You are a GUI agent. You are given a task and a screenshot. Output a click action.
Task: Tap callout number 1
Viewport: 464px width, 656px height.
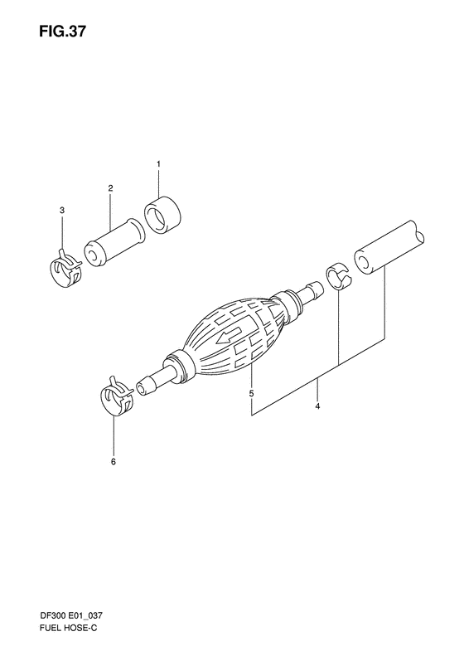[158, 164]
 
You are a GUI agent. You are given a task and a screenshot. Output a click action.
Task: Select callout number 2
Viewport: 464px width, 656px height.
[110, 188]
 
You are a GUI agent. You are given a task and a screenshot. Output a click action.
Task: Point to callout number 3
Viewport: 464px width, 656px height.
[62, 212]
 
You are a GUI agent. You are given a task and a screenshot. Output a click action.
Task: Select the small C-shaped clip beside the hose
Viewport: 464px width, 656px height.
[338, 276]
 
